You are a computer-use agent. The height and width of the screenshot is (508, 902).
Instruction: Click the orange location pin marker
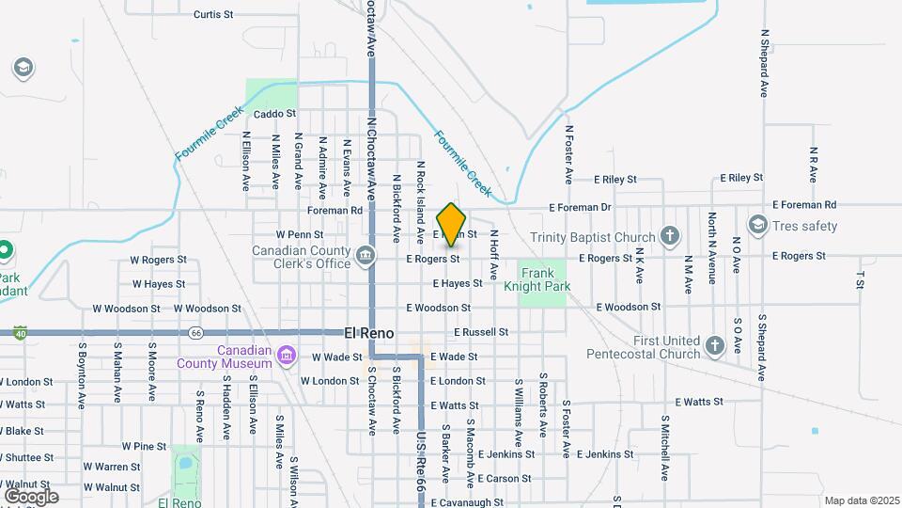[x=452, y=224]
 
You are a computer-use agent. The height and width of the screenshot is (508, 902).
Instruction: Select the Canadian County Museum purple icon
[x=287, y=355]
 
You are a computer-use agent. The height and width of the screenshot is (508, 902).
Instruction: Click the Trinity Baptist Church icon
[x=669, y=234]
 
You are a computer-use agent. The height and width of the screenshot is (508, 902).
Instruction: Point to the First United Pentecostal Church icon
[x=715, y=345]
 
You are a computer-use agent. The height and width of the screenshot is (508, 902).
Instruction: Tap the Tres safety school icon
[x=757, y=225]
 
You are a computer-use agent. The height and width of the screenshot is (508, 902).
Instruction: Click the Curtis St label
[x=212, y=15]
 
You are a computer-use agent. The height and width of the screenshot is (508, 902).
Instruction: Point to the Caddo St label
[x=275, y=114]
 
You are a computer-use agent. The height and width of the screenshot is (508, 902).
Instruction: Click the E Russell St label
[x=481, y=332]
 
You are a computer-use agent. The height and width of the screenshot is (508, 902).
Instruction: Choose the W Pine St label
[x=144, y=446]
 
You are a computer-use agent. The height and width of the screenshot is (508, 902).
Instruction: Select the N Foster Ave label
[x=568, y=153]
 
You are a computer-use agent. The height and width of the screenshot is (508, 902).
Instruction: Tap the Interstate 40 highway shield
[x=20, y=332]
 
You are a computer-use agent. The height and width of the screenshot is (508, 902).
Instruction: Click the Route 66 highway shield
[x=195, y=332]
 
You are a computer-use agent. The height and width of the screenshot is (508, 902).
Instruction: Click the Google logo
[x=31, y=496]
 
